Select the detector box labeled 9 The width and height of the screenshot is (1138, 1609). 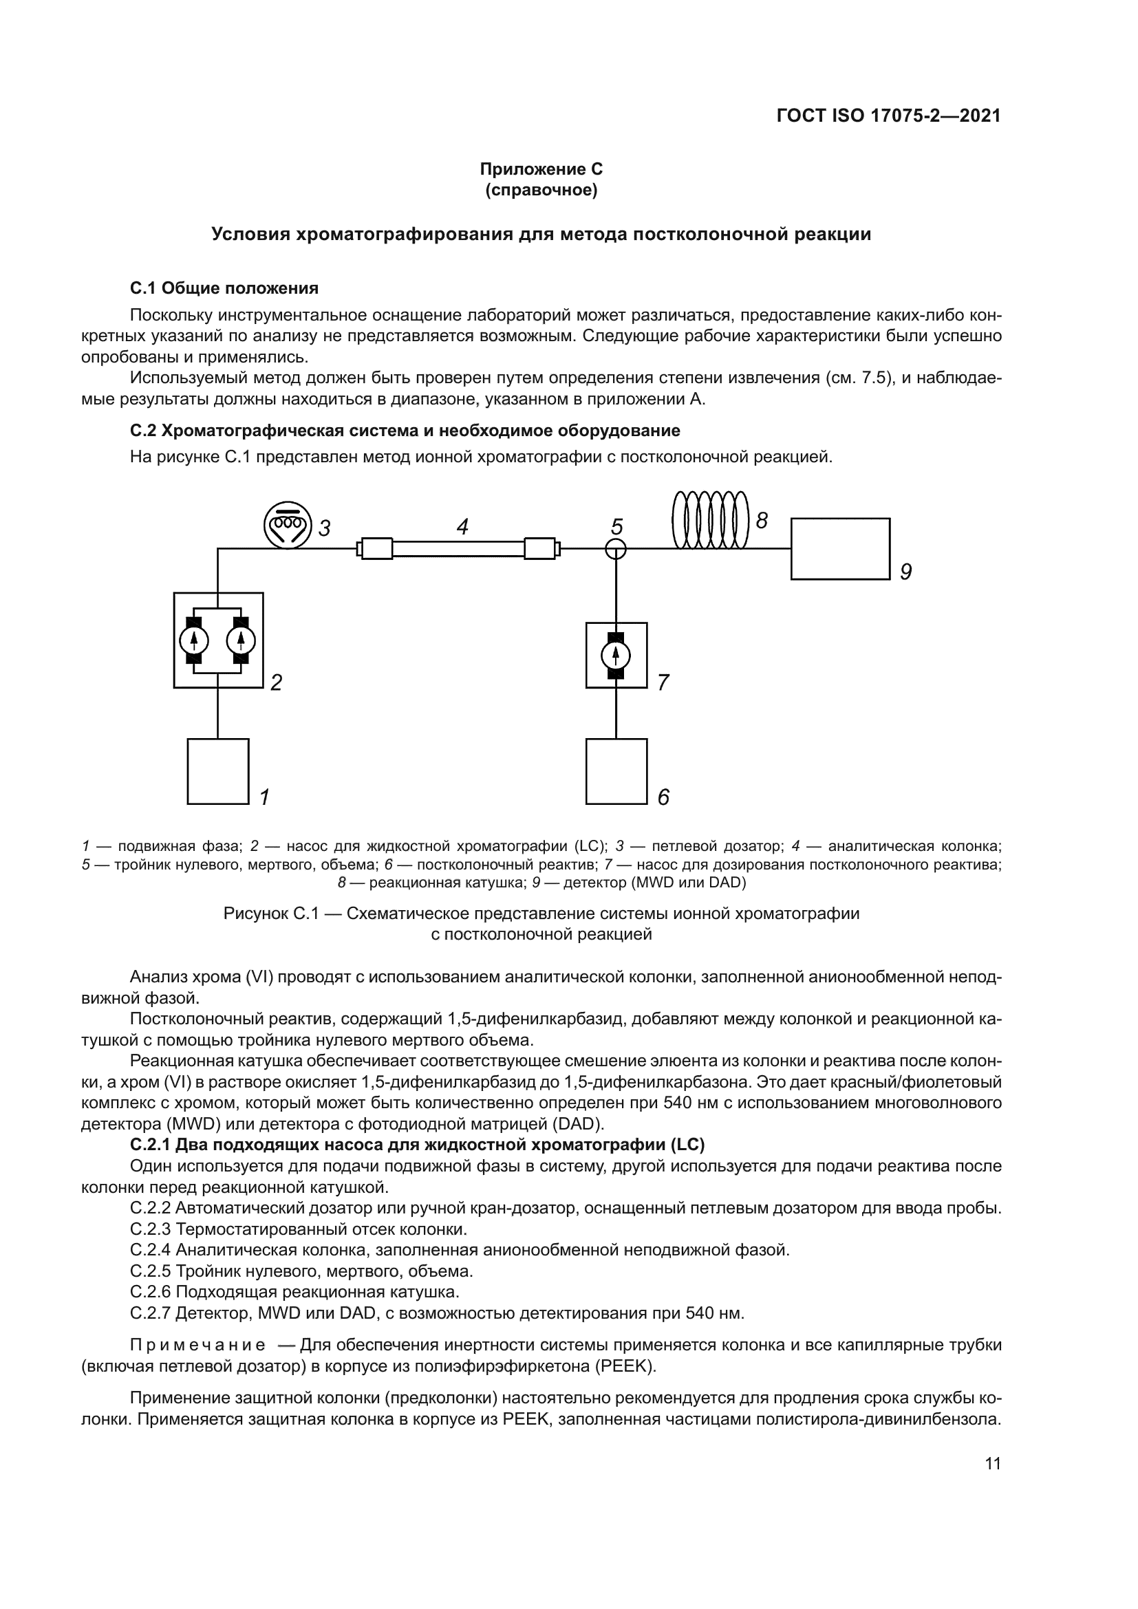tap(839, 549)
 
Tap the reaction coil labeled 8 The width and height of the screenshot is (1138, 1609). tap(711, 519)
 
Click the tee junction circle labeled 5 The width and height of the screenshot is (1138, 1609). tap(615, 549)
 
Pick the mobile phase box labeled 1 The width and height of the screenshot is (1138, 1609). tap(218, 771)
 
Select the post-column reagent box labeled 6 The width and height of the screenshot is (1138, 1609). tap(616, 771)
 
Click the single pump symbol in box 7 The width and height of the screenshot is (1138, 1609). tap(616, 656)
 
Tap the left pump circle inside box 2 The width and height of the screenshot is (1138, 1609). tap(194, 640)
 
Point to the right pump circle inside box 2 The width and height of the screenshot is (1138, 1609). tap(241, 640)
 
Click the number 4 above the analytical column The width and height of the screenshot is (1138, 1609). tap(462, 527)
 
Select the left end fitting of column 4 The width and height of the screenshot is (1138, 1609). tap(376, 548)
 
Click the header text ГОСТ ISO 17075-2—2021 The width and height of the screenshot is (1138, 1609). tap(888, 116)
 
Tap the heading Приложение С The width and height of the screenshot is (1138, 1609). tap(540, 169)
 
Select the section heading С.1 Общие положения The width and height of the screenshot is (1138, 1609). tap(224, 288)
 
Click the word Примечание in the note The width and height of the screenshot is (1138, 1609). tap(197, 1345)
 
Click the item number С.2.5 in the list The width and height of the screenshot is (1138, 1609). tap(150, 1271)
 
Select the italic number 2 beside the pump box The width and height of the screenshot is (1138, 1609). tap(276, 682)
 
